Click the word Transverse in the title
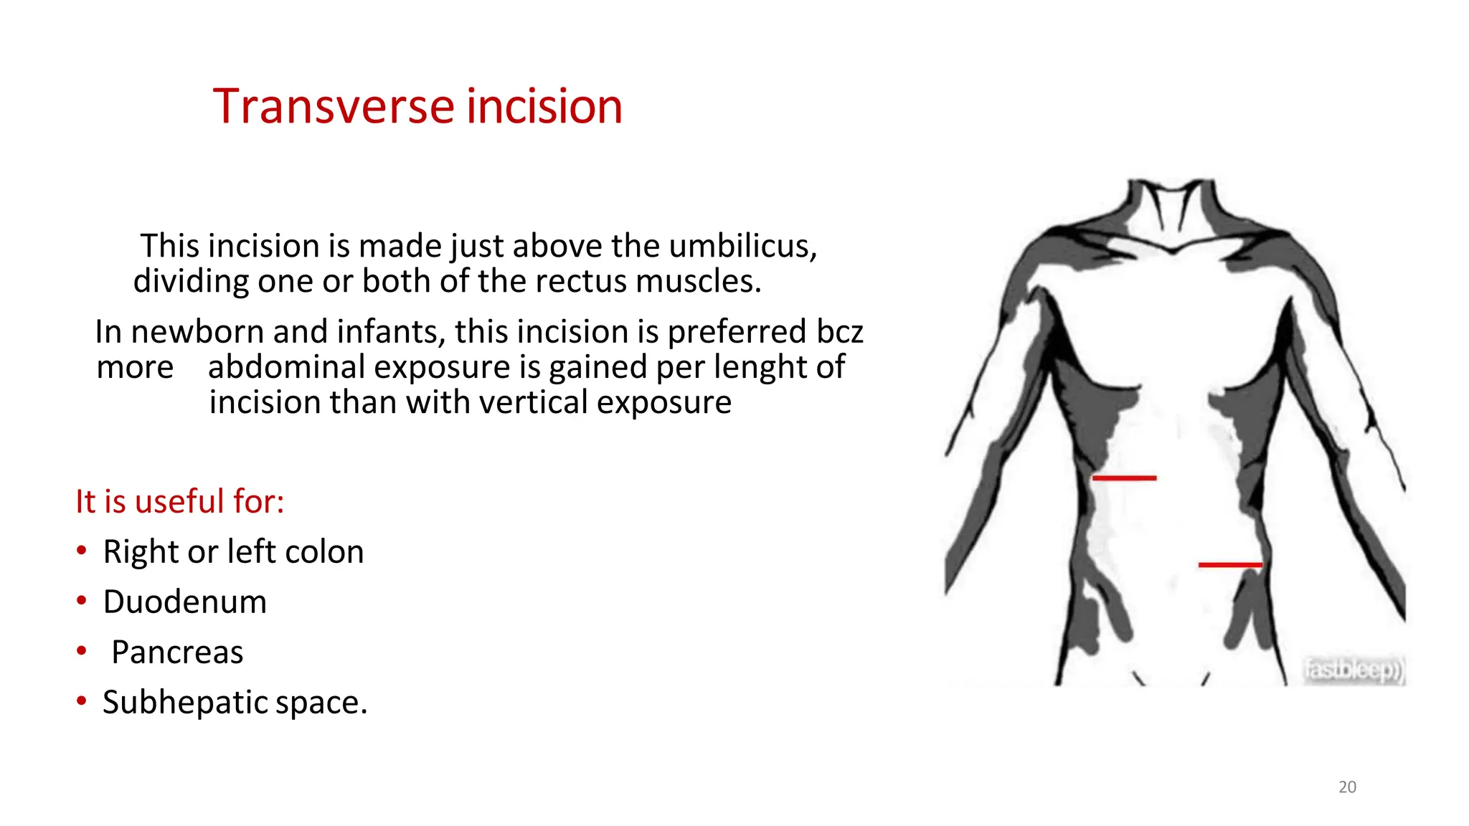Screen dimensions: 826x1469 [x=334, y=107]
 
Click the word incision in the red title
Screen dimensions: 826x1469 [x=544, y=107]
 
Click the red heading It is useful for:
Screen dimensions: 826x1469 [x=180, y=501]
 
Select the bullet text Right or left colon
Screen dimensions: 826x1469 [x=233, y=552]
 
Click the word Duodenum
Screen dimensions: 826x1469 [x=184, y=602]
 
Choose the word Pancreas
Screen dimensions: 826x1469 [x=177, y=652]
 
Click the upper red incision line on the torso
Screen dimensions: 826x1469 [x=1124, y=478]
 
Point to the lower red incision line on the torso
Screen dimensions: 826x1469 [x=1229, y=565]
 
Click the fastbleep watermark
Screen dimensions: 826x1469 [x=1353, y=670]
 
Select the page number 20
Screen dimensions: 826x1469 [x=1347, y=787]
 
